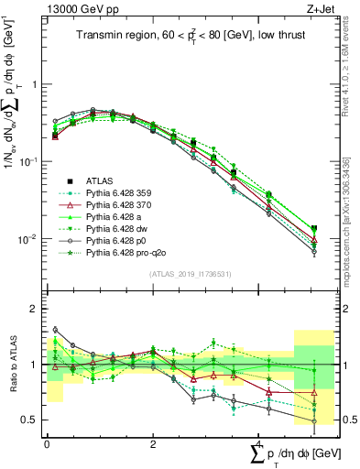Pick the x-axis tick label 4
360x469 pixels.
(x=259, y=442)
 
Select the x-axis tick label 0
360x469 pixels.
(x=47, y=442)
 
